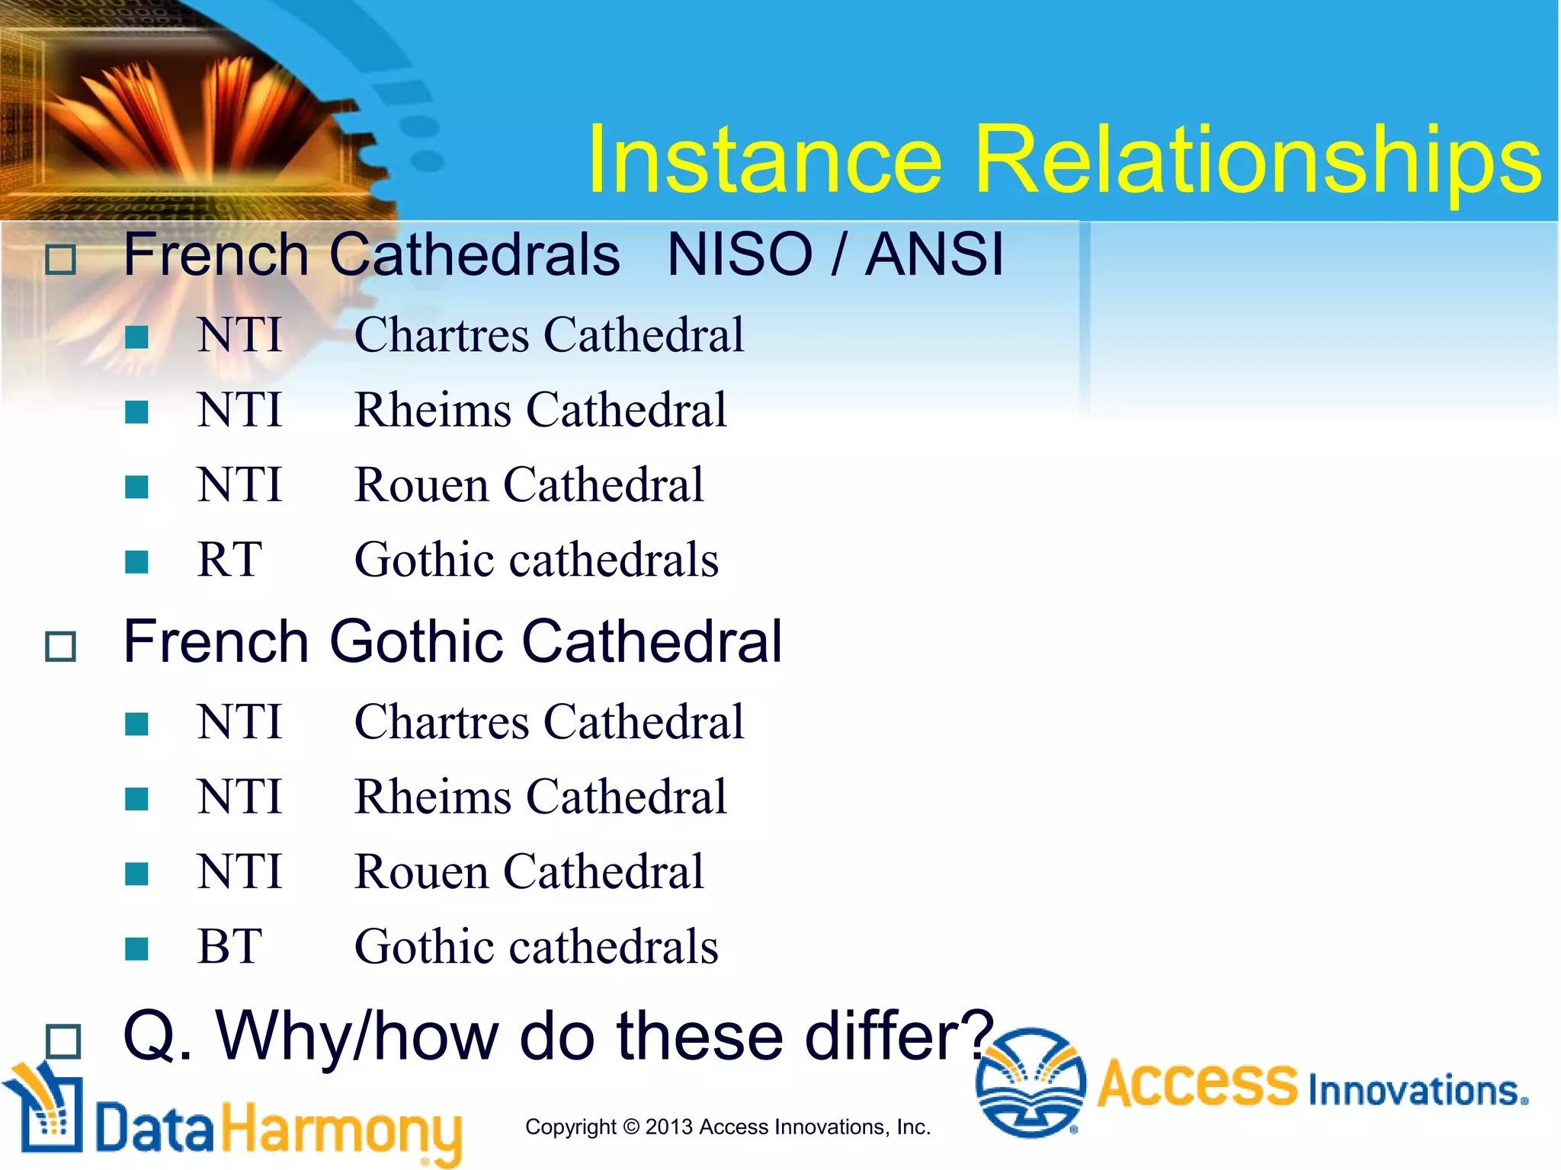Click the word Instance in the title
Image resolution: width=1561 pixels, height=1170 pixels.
764,160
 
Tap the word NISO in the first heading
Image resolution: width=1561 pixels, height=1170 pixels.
739,254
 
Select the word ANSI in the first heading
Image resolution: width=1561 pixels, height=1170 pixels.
934,254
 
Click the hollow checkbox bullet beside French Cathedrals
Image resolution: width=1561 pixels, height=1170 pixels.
60,260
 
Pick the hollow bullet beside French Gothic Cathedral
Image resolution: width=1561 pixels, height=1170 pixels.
60,647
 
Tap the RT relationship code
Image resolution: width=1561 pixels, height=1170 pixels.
229,560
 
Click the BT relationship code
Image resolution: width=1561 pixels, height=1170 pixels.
229,947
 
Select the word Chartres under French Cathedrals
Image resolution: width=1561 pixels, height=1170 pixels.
441,335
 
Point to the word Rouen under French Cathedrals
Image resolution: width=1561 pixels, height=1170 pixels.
421,485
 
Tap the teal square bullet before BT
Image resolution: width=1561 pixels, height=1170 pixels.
136,949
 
